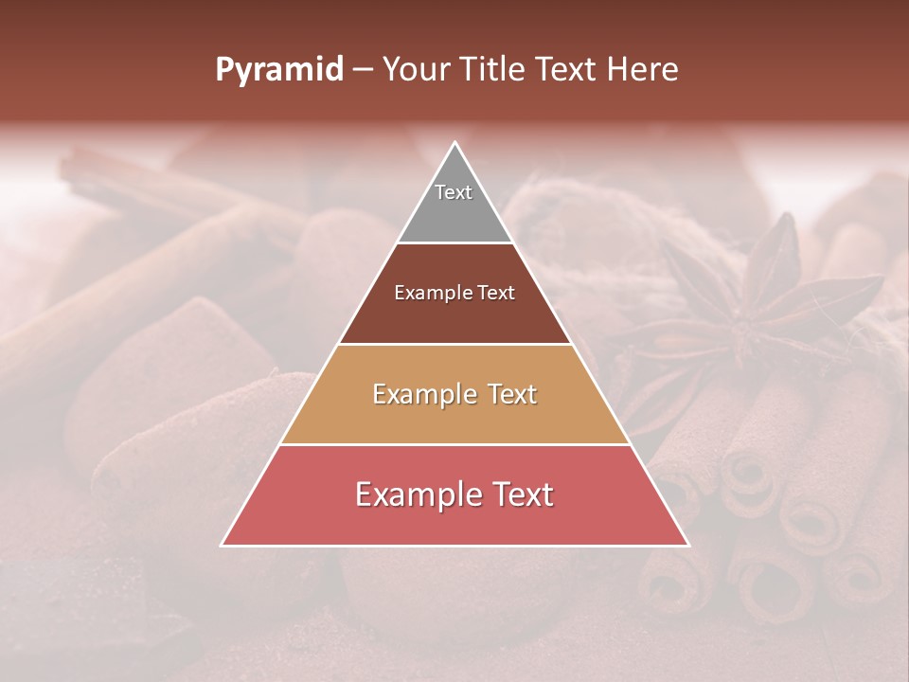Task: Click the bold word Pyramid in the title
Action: click(x=278, y=70)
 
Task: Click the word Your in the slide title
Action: click(x=416, y=70)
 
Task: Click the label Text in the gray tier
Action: click(x=454, y=192)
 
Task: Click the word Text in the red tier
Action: click(x=521, y=494)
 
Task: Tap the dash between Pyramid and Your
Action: click(x=363, y=70)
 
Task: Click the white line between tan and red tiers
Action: click(x=454, y=444)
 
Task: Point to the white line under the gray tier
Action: click(x=454, y=243)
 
